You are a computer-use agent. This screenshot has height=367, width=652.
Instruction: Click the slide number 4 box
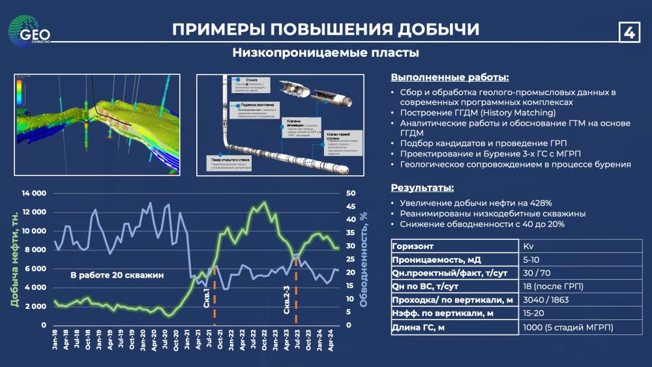coord(629,31)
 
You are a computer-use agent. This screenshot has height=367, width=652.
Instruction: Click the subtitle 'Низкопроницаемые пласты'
coord(325,53)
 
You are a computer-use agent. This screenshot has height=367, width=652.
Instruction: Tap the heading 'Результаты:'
coord(422,188)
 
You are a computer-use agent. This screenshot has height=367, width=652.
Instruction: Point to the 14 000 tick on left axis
coord(33,194)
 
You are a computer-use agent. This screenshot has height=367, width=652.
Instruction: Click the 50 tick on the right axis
coord(350,194)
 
